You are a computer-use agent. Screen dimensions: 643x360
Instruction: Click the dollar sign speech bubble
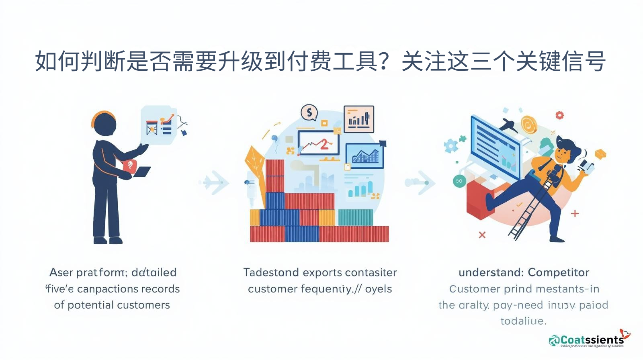(x=309, y=112)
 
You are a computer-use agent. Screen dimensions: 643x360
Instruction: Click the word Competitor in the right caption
(x=558, y=272)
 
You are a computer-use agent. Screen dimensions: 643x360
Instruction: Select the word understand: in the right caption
(x=491, y=272)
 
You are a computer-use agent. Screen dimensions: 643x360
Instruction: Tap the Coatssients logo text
(x=591, y=340)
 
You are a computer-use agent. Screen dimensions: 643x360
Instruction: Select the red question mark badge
(x=130, y=165)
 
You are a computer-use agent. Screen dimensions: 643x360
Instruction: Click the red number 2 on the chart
(x=324, y=144)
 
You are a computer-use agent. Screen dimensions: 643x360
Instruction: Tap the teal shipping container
(x=355, y=217)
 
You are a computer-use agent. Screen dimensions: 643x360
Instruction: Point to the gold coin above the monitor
(x=529, y=125)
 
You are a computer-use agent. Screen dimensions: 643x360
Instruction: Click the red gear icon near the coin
(x=559, y=115)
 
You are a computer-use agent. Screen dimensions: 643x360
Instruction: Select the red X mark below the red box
(x=482, y=235)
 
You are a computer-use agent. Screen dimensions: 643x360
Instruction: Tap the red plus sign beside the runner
(x=575, y=213)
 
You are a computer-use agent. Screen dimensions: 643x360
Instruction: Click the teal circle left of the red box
(x=459, y=181)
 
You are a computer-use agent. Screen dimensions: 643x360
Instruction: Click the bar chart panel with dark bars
(x=358, y=119)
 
